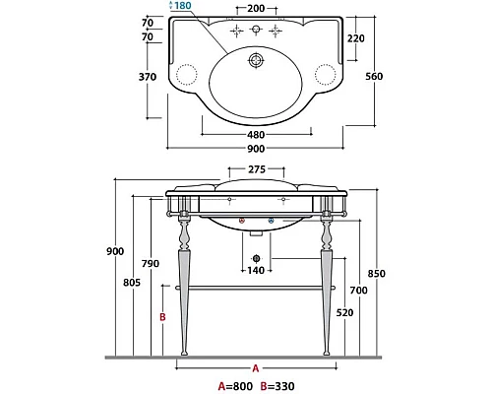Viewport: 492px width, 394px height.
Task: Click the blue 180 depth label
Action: tap(183, 5)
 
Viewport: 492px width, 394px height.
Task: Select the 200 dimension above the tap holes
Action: tap(256, 8)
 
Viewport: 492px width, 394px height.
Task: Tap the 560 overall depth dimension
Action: tap(374, 76)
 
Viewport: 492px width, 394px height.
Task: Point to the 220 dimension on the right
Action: tap(356, 38)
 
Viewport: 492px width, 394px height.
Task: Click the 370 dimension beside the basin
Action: tap(148, 77)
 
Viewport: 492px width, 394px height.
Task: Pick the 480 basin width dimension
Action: tap(256, 135)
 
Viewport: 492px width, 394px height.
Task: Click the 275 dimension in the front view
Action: tap(257, 169)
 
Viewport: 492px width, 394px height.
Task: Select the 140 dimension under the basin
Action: tap(256, 270)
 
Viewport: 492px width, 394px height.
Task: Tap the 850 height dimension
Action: tap(376, 273)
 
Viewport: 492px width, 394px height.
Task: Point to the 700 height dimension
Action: tap(358, 290)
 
